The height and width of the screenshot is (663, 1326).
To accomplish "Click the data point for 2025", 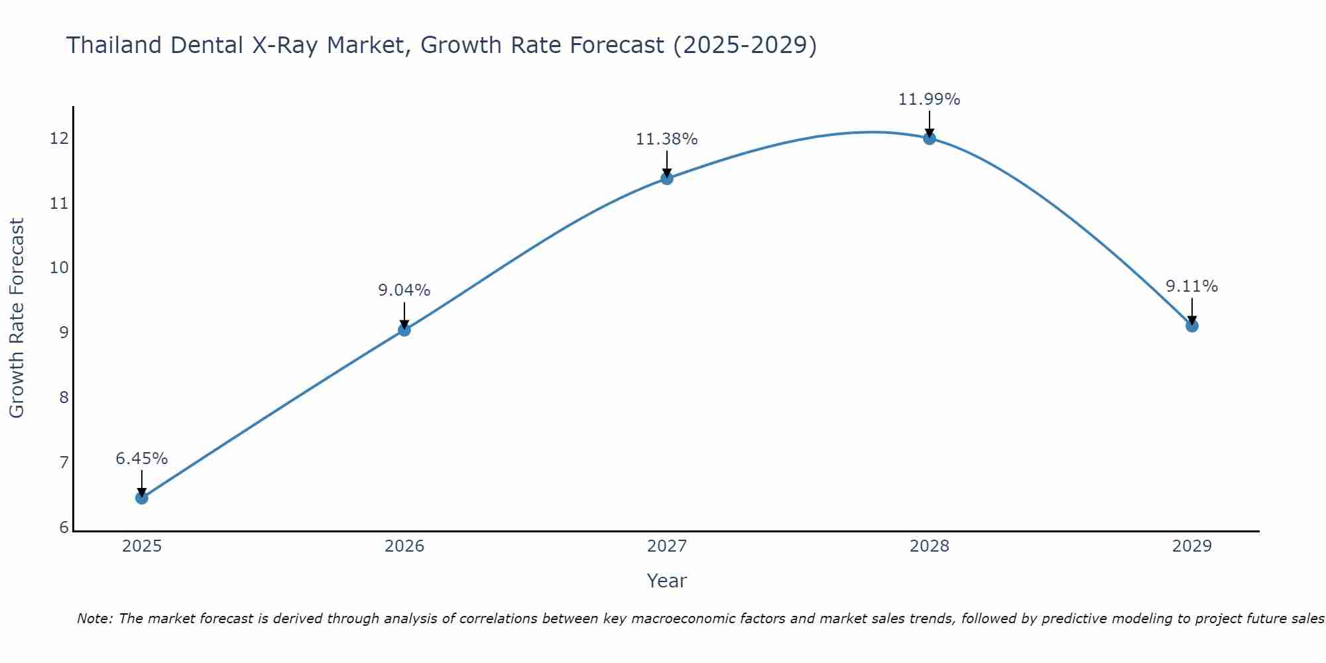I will click(142, 498).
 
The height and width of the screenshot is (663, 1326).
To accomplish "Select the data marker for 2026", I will click(404, 330).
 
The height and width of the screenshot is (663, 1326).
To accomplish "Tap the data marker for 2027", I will click(667, 178).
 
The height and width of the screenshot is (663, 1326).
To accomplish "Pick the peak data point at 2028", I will click(930, 139).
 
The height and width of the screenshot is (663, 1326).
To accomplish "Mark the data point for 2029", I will click(1192, 326).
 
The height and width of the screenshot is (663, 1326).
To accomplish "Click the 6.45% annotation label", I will click(142, 459).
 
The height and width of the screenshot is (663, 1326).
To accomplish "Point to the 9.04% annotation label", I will click(404, 290).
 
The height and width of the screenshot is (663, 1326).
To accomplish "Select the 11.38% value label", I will click(667, 139).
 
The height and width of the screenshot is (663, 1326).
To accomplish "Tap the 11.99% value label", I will click(930, 99).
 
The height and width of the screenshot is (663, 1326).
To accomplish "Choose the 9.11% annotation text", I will click(1192, 286).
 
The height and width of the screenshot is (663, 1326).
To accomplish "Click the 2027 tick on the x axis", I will click(667, 546).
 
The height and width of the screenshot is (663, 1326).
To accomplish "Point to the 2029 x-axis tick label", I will click(1192, 546).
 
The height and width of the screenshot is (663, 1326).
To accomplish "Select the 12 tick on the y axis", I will click(59, 139).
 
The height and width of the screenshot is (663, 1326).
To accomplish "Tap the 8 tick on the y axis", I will click(64, 398).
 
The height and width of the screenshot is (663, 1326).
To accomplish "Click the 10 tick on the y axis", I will click(59, 268).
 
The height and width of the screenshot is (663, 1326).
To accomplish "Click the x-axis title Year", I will click(667, 581).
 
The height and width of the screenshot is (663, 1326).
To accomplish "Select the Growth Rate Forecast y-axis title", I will click(17, 318).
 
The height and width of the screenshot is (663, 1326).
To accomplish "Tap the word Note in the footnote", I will click(94, 619).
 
